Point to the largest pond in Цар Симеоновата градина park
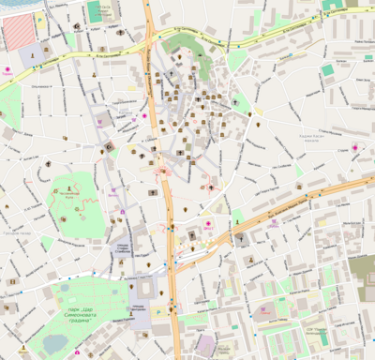click(56, 343)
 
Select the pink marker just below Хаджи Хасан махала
click(354, 148)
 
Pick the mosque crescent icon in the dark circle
click(109, 146)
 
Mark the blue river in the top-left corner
click(7, 7)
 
